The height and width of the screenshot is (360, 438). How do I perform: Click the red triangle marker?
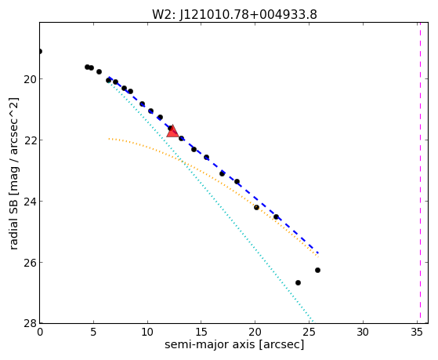(172, 131)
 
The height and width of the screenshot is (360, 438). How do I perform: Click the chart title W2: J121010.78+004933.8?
(234, 15)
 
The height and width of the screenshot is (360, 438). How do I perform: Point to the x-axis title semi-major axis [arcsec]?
(234, 344)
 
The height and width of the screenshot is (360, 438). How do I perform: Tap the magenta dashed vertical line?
(420, 173)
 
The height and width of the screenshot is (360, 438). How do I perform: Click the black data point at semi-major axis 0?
(40, 51)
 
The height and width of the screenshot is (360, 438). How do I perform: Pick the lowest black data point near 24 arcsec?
(298, 283)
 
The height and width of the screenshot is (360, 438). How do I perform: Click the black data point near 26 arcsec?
(317, 271)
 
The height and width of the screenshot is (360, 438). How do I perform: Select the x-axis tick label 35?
(417, 332)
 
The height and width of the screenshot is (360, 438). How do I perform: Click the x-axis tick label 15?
(201, 332)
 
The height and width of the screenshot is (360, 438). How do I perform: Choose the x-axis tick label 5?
(93, 332)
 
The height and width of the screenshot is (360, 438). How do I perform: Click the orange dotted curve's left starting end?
(109, 139)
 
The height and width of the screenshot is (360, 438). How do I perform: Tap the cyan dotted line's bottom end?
(313, 322)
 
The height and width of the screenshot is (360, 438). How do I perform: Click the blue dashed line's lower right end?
(318, 253)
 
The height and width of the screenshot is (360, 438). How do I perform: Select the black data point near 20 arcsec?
(256, 207)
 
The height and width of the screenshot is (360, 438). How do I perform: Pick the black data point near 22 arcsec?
(276, 216)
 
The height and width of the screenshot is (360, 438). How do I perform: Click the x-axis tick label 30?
(363, 332)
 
